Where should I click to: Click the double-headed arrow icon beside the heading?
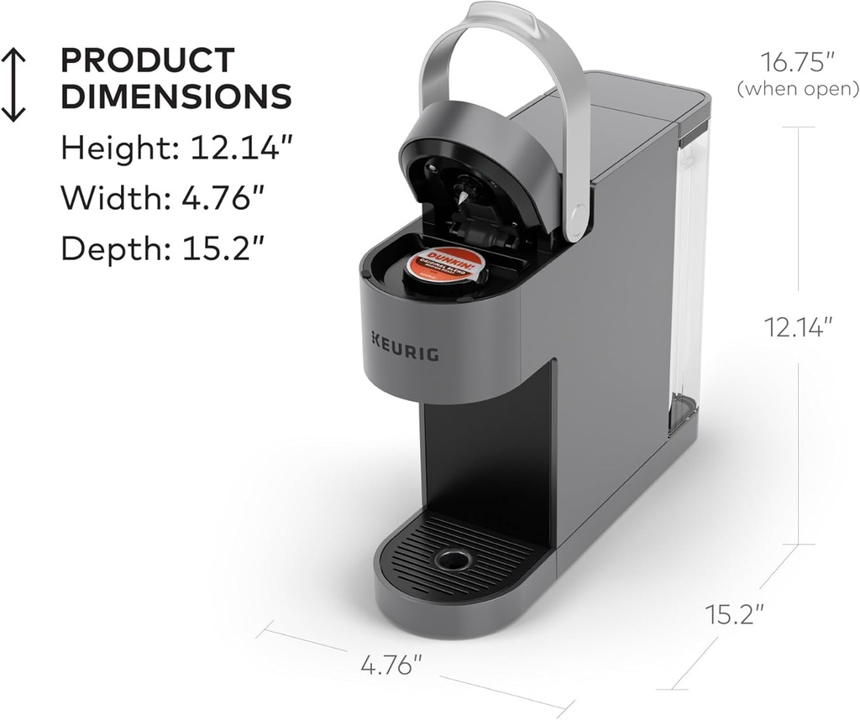[x=14, y=83]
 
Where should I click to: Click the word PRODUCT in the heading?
[x=147, y=61]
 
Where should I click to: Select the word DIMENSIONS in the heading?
[x=176, y=97]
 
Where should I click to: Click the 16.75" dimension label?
[x=797, y=62]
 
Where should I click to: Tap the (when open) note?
[x=797, y=88]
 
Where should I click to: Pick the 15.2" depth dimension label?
[x=734, y=614]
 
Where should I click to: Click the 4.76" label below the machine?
[x=391, y=666]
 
